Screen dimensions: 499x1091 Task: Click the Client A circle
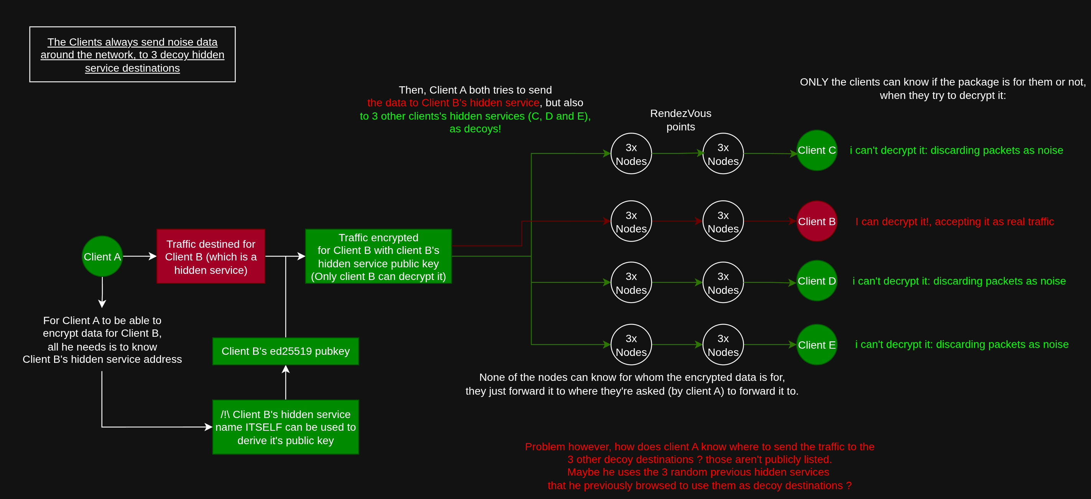click(102, 256)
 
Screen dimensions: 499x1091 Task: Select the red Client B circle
click(816, 221)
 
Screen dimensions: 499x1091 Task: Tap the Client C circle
click(816, 150)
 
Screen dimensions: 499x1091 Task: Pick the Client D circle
click(816, 281)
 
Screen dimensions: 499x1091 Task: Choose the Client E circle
click(816, 345)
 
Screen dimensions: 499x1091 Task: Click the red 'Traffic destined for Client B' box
click(211, 256)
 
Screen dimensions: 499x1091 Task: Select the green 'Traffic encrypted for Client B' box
click(378, 256)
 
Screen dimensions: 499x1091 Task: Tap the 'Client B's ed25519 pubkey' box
click(285, 351)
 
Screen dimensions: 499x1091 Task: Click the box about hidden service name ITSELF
click(285, 427)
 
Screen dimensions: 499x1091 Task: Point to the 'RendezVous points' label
click(680, 120)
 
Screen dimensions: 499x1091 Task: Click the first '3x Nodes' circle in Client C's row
click(631, 154)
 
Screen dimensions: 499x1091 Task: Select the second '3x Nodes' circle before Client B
click(723, 221)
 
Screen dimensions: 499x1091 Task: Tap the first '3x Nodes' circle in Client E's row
click(631, 345)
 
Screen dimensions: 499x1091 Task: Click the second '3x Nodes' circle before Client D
click(723, 283)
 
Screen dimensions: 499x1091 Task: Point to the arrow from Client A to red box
click(140, 256)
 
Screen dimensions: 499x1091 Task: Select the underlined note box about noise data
click(132, 54)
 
